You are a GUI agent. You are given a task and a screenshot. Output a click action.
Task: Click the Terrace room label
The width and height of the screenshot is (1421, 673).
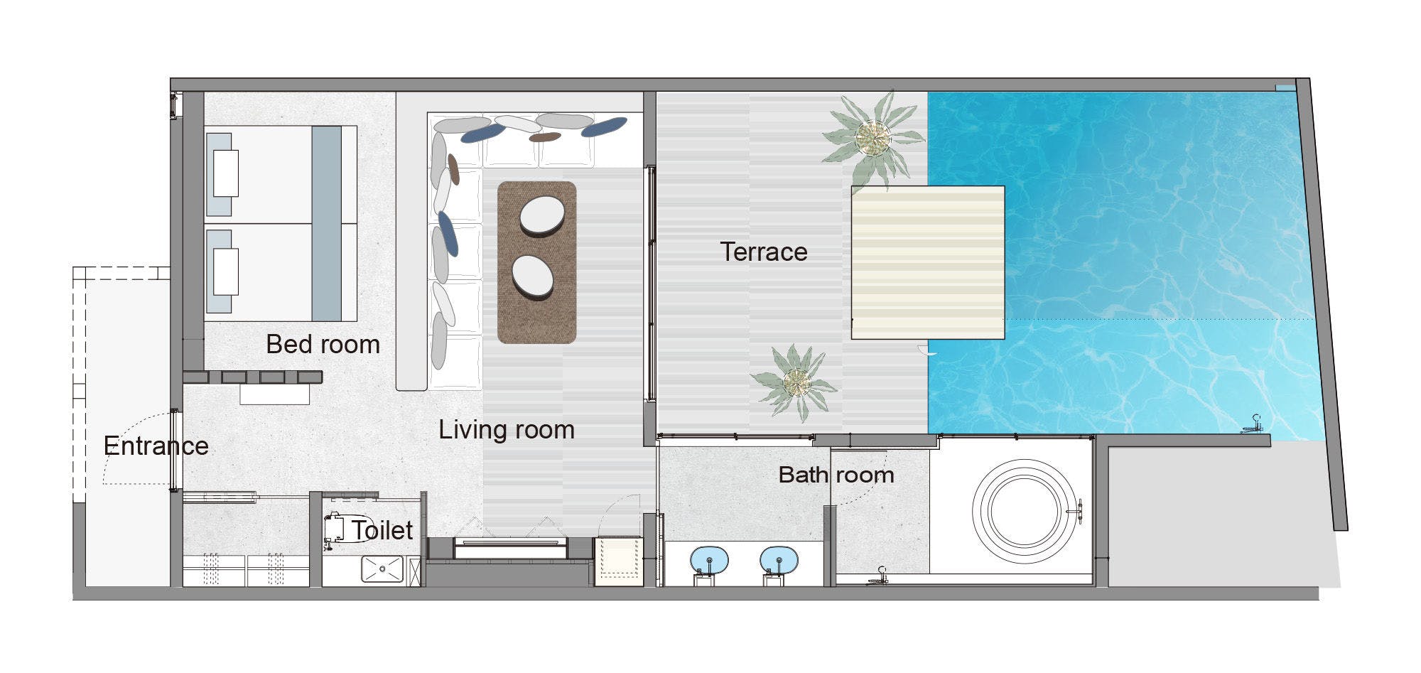click(x=764, y=252)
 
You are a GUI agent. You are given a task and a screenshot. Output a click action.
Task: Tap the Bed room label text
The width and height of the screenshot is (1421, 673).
click(x=323, y=344)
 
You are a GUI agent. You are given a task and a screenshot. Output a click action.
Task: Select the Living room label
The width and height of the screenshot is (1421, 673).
click(x=507, y=429)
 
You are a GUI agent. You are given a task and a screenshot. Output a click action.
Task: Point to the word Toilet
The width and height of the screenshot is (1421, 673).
click(x=382, y=530)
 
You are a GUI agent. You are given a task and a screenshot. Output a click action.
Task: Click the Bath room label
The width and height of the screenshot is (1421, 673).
click(x=836, y=475)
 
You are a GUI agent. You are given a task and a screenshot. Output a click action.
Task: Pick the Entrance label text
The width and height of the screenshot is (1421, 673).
click(x=156, y=446)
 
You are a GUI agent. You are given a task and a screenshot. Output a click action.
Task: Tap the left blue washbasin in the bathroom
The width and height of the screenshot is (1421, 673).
click(x=710, y=559)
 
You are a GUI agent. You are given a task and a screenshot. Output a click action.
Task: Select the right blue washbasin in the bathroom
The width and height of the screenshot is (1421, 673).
click(x=779, y=559)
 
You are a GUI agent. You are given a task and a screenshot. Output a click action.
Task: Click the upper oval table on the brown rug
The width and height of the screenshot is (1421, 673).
click(x=542, y=216)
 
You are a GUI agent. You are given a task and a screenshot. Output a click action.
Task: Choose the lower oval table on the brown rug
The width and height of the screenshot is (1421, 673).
click(x=533, y=276)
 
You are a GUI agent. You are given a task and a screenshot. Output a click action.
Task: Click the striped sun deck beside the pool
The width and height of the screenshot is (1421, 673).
click(x=928, y=262)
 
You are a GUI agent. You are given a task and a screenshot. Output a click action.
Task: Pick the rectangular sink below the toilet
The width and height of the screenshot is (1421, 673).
click(x=382, y=569)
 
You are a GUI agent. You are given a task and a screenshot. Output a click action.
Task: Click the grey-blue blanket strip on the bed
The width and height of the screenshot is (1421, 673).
click(x=327, y=223)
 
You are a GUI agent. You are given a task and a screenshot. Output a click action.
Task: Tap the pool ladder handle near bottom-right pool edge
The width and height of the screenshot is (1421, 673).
click(x=1252, y=424)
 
